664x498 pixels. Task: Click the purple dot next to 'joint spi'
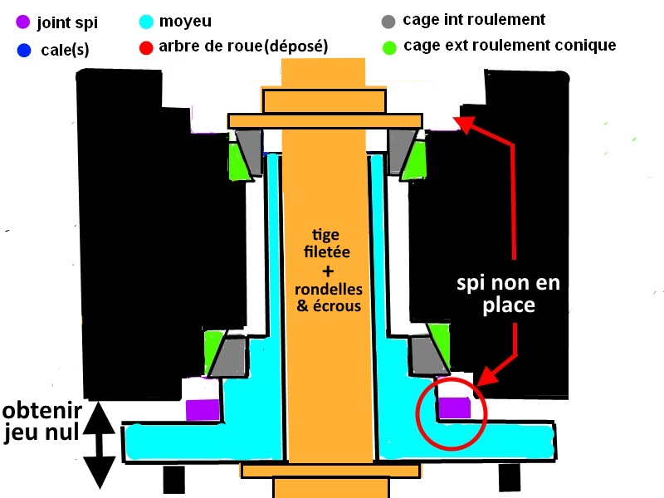tap(23, 22)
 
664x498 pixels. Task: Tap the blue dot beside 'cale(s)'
tap(24, 50)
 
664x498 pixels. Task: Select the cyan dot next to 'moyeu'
tap(146, 22)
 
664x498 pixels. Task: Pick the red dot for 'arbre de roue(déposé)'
tap(146, 48)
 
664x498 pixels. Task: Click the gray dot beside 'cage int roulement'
tap(388, 22)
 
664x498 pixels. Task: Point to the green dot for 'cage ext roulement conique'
tap(389, 47)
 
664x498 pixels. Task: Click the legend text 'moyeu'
tap(185, 22)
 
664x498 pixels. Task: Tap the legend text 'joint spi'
tap(67, 22)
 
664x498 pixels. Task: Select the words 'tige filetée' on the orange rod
tap(326, 243)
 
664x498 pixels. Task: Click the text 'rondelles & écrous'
tap(329, 298)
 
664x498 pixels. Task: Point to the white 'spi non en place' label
tap(508, 294)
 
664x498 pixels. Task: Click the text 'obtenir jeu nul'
tap(41, 422)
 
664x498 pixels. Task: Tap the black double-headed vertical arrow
tap(99, 445)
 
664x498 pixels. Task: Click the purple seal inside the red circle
tap(454, 408)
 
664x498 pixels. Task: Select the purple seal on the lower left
tap(203, 410)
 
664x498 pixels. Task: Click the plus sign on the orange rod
tap(328, 271)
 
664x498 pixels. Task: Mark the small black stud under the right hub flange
tap(510, 477)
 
